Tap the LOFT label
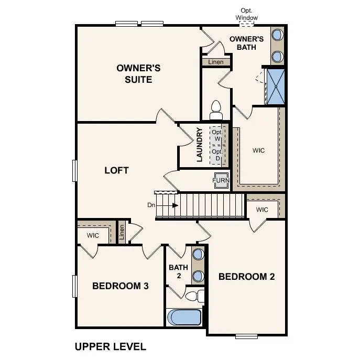coord(116,170)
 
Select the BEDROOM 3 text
coord(121,286)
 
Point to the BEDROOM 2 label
coord(246,277)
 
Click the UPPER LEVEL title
coord(110,346)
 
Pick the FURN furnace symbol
coord(221,180)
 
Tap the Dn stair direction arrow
coord(168,205)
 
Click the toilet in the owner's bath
coord(215,110)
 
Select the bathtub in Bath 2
coord(184,318)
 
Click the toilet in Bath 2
coord(196,297)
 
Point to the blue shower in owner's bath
coord(275,86)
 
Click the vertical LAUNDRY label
coord(200,145)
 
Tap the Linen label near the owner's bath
coord(215,62)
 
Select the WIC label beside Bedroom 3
coord(93,236)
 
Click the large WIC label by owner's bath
coord(258,151)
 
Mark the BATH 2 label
coord(178,271)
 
